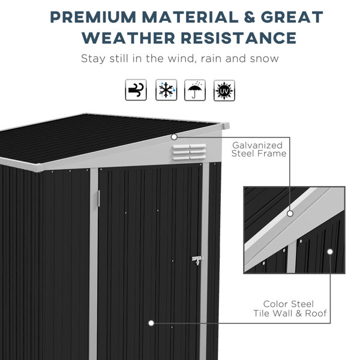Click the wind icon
click(136, 90)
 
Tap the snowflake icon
click(166, 90)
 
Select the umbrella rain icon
click(195, 90)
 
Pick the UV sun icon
click(224, 91)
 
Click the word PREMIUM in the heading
click(93, 17)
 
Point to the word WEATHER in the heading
click(128, 38)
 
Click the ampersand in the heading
click(250, 17)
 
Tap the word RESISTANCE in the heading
click(239, 38)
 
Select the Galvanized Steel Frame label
click(259, 149)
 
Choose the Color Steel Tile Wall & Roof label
click(290, 308)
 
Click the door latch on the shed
click(197, 260)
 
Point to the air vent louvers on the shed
click(190, 152)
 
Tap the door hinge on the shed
click(99, 198)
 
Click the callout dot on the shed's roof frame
click(174, 137)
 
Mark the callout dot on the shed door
click(151, 323)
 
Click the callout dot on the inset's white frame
click(290, 214)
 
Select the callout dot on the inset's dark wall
click(330, 251)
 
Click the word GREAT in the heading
click(292, 17)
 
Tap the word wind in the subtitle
click(181, 58)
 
